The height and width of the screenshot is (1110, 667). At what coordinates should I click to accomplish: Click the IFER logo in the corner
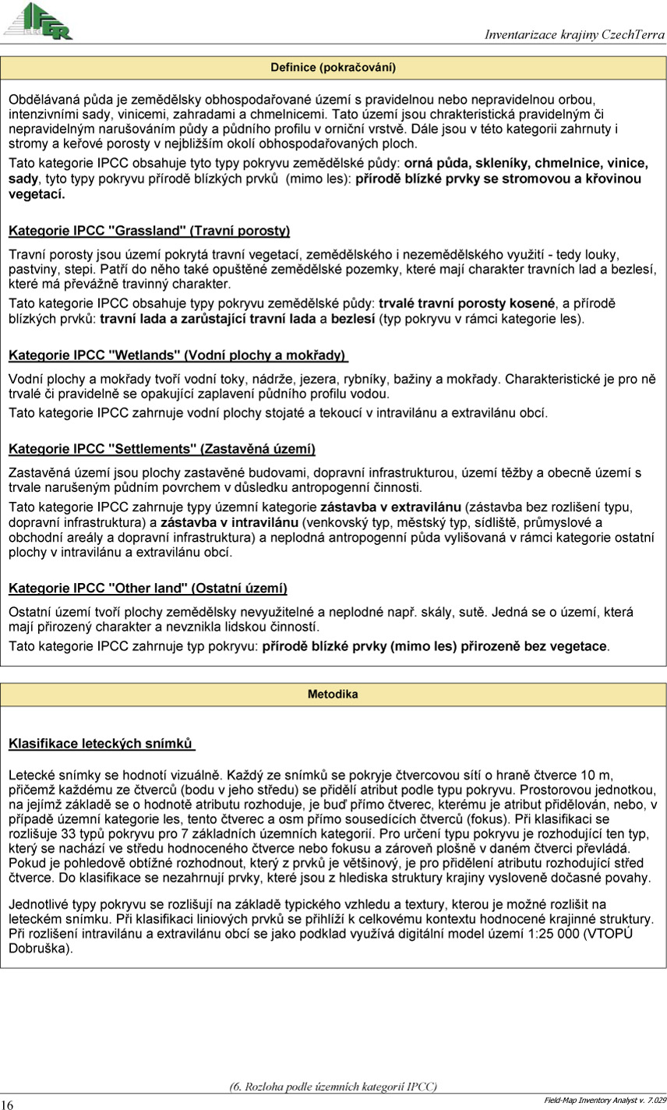click(38, 21)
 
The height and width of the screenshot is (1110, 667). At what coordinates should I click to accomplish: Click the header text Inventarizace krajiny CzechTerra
click(574, 35)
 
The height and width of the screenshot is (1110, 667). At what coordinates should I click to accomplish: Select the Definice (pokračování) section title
click(333, 68)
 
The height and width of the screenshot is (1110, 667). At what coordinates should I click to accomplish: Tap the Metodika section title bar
click(333, 694)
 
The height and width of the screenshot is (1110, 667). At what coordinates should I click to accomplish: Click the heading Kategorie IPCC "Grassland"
click(149, 231)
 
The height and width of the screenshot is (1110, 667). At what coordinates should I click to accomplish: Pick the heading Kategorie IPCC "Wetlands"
click(178, 355)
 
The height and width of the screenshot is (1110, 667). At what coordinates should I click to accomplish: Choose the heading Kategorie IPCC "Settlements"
click(162, 449)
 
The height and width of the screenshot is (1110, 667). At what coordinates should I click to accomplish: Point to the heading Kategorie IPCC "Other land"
click(148, 588)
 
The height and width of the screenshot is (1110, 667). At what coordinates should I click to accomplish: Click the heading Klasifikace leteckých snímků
click(101, 744)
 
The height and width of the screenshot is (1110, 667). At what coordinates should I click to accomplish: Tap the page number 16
click(8, 1104)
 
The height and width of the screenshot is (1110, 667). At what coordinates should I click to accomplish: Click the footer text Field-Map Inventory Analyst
click(605, 1100)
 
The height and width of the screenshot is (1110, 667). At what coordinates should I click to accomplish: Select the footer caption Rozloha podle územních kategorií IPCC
click(333, 1087)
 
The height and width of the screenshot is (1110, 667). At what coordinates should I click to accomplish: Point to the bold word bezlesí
click(353, 320)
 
